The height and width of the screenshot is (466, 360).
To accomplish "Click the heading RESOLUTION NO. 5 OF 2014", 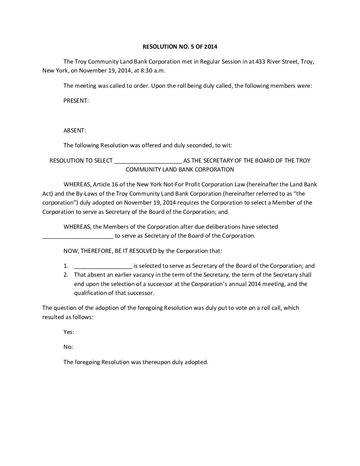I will pos(180,47).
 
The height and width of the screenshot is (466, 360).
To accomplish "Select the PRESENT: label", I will pos(76,101).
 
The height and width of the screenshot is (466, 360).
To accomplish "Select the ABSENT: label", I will pos(75,130).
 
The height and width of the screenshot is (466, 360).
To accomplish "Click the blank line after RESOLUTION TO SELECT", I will pos(148,161).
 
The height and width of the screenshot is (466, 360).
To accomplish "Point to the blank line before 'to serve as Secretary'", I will pos(78,236).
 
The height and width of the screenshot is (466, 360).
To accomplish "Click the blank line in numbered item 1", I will pos(103,266).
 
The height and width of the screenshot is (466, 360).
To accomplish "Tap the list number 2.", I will pos(66,275).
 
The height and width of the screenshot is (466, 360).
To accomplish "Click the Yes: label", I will pos(69,332).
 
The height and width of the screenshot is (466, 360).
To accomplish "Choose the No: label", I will pos(68,347).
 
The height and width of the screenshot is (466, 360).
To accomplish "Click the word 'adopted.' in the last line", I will pos(197,362).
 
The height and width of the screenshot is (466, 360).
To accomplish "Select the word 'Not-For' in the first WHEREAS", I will pos(184,184).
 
